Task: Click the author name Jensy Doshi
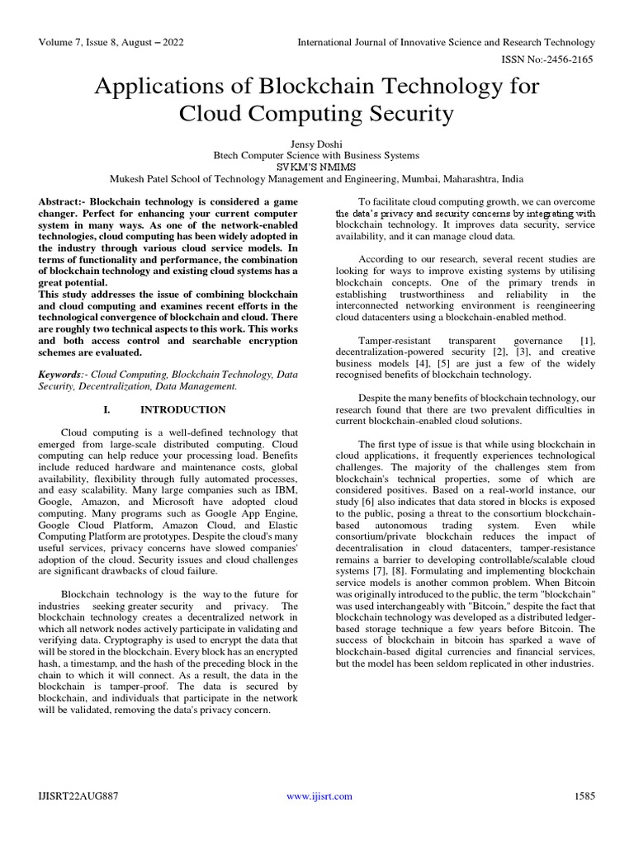[316, 142]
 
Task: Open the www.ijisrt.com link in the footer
[319, 795]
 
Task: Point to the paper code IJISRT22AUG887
[76, 795]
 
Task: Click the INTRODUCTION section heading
[182, 409]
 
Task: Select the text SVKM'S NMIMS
[316, 166]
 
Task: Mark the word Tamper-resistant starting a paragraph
[393, 340]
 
